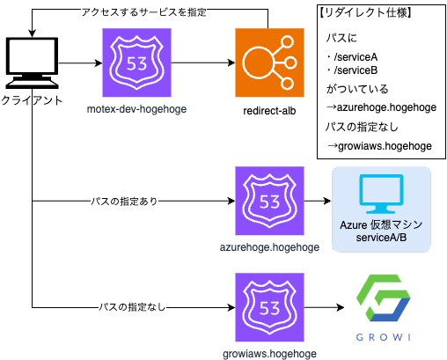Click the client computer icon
[32, 62]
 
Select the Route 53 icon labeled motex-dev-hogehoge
[136, 62]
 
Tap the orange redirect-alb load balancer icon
[269, 62]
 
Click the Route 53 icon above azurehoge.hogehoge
[269, 201]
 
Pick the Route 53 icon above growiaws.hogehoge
[269, 307]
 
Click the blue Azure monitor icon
[381, 194]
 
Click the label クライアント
[32, 100]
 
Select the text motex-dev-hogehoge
[136, 109]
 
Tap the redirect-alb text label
[269, 111]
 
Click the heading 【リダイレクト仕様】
[365, 12]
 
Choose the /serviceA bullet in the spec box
[352, 57]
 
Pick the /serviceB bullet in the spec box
[352, 70]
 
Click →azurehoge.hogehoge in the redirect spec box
[381, 107]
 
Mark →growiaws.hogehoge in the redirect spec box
[379, 146]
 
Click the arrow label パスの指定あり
[124, 202]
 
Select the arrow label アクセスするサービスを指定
[143, 12]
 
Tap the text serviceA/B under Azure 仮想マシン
[381, 238]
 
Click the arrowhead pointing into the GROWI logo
[341, 307]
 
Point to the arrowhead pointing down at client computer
[32, 33]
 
